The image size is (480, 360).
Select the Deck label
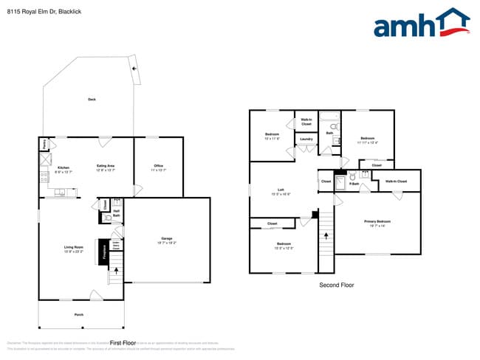coord(92,99)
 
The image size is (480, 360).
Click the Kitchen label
coord(63,167)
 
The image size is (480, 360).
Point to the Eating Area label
coord(106,167)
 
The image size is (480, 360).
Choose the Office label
coord(158,166)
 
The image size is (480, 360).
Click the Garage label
coord(168,238)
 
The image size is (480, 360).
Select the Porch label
coord(79,315)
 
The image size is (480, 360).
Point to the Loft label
coord(281,191)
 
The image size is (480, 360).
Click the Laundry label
coord(306,139)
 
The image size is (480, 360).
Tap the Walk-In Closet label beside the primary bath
coord(397,181)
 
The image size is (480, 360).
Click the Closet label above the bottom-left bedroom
coord(272,224)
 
